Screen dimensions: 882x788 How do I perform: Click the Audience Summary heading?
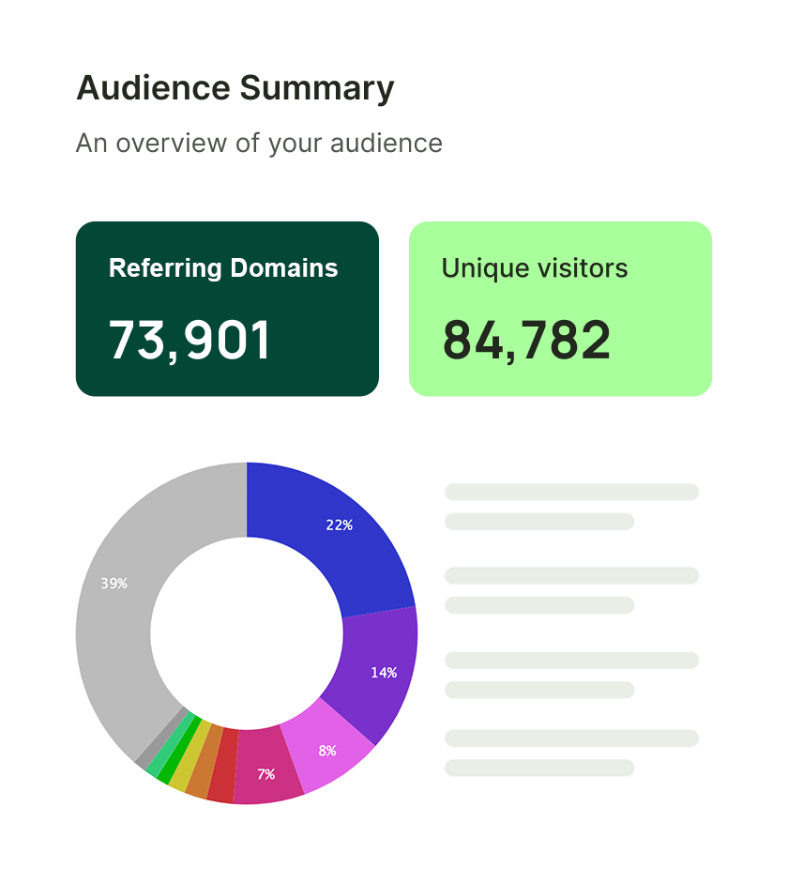click(x=235, y=89)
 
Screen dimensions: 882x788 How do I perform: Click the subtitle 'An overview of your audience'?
click(x=259, y=143)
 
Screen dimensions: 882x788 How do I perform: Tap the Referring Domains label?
click(x=223, y=268)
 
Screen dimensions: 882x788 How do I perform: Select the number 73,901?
click(x=189, y=340)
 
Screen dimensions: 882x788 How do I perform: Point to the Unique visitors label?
click(x=535, y=268)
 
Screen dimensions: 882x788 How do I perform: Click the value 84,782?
click(x=526, y=340)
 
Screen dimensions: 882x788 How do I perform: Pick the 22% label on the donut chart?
click(x=340, y=525)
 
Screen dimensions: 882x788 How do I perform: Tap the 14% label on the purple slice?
click(x=384, y=673)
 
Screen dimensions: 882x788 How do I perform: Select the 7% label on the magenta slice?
click(x=266, y=774)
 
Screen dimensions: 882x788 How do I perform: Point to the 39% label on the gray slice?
click(x=114, y=584)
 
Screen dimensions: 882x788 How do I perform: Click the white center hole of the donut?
click(x=247, y=633)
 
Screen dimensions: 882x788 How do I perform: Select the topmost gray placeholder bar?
click(x=571, y=492)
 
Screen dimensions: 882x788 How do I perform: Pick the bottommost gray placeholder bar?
click(x=539, y=768)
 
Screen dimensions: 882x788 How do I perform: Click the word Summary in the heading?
click(x=317, y=89)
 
